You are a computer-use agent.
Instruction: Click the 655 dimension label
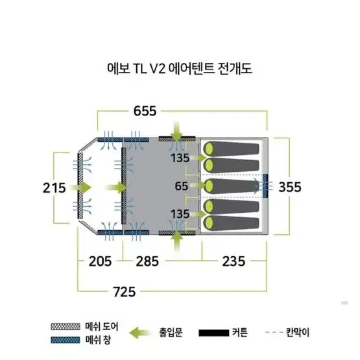(145, 111)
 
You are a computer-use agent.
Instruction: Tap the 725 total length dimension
(125, 292)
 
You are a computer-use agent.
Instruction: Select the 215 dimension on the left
(54, 188)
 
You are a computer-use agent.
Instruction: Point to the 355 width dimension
(290, 187)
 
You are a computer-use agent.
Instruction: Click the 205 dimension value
(100, 261)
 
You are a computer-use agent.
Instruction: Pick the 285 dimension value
(147, 261)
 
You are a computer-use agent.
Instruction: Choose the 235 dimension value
(234, 261)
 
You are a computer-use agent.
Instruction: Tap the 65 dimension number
(182, 186)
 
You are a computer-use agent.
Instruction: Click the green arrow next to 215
(80, 187)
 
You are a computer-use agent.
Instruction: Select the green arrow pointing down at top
(177, 131)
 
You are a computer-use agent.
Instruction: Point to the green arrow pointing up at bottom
(177, 241)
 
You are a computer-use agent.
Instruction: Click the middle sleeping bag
(232, 186)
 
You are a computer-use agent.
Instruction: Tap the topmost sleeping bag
(232, 149)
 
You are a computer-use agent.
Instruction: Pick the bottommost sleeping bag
(232, 223)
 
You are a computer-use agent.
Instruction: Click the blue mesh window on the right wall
(265, 186)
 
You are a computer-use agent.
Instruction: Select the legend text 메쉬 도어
(102, 326)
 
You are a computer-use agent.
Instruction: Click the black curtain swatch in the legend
(214, 333)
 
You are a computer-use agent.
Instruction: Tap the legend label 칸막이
(298, 332)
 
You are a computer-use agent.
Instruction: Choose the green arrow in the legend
(139, 333)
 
